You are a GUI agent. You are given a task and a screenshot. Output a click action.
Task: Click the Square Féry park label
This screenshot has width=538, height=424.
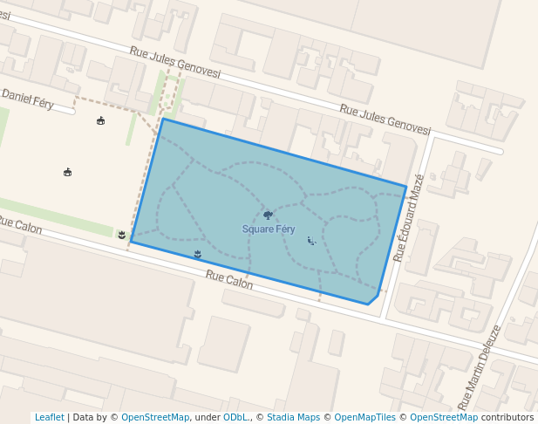tap(269, 229)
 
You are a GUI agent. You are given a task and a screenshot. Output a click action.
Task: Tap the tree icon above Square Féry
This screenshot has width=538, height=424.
tap(268, 215)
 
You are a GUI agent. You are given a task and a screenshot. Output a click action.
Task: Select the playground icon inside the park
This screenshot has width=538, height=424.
tap(311, 240)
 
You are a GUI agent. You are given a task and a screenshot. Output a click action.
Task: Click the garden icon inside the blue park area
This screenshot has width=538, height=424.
tap(198, 254)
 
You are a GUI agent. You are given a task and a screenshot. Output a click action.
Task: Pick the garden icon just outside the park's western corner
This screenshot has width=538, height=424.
tap(121, 235)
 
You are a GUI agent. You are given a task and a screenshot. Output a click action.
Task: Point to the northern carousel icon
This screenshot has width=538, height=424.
tap(101, 120)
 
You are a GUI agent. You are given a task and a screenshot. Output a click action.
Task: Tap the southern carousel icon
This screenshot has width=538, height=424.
tap(68, 172)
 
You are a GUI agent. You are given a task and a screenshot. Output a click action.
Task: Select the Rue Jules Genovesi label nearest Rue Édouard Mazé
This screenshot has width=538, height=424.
tap(385, 120)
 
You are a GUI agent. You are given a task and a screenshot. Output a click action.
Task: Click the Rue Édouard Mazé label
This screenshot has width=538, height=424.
tap(409, 218)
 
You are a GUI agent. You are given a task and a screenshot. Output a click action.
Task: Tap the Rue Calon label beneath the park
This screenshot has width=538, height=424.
tap(229, 279)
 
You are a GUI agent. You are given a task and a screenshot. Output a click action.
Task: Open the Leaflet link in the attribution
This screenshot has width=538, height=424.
tap(49, 417)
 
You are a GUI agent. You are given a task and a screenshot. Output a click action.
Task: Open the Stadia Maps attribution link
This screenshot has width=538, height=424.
tap(293, 417)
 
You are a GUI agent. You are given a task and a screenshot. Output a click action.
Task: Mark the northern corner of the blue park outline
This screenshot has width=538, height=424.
tap(162, 119)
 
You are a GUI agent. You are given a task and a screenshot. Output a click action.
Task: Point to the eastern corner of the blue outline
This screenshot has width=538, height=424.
tap(405, 186)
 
